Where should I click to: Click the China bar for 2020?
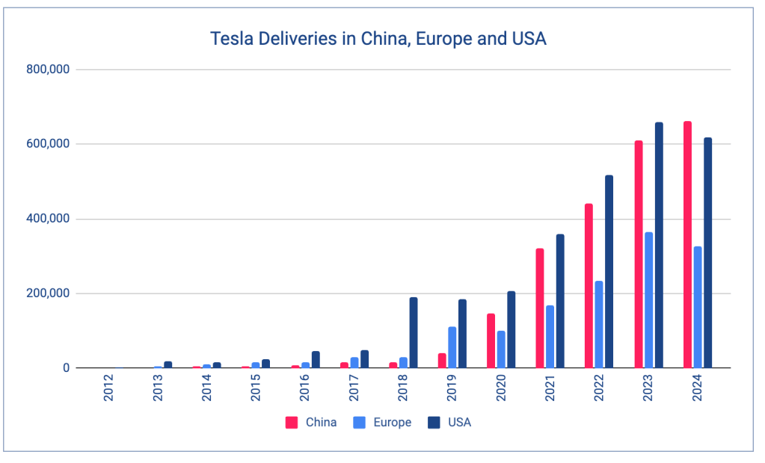pyautogui.click(x=491, y=341)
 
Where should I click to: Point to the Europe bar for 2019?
pyautogui.click(x=452, y=347)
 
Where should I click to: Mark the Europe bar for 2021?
pyautogui.click(x=550, y=337)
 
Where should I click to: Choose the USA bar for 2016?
pyautogui.click(x=316, y=359)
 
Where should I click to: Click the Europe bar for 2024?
pyautogui.click(x=698, y=307)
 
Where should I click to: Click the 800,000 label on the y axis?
pyautogui.click(x=47, y=69)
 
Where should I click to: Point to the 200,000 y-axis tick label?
pyautogui.click(x=47, y=293)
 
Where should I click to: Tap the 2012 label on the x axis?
pyautogui.click(x=109, y=388)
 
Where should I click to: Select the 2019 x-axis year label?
pyautogui.click(x=452, y=388)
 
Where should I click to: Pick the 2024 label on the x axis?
pyautogui.click(x=697, y=388)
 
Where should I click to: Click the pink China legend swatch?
pyautogui.click(x=292, y=423)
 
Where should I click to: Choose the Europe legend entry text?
pyautogui.click(x=393, y=423)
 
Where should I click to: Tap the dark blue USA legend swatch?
pyautogui.click(x=434, y=423)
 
